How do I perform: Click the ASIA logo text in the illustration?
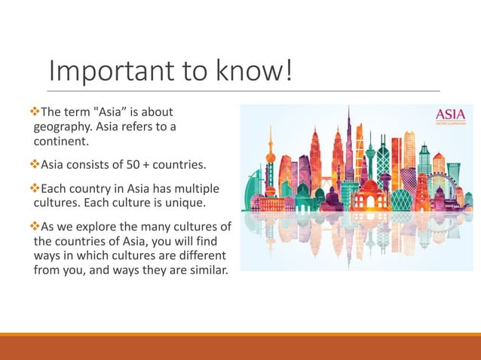pyautogui.click(x=451, y=115)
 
